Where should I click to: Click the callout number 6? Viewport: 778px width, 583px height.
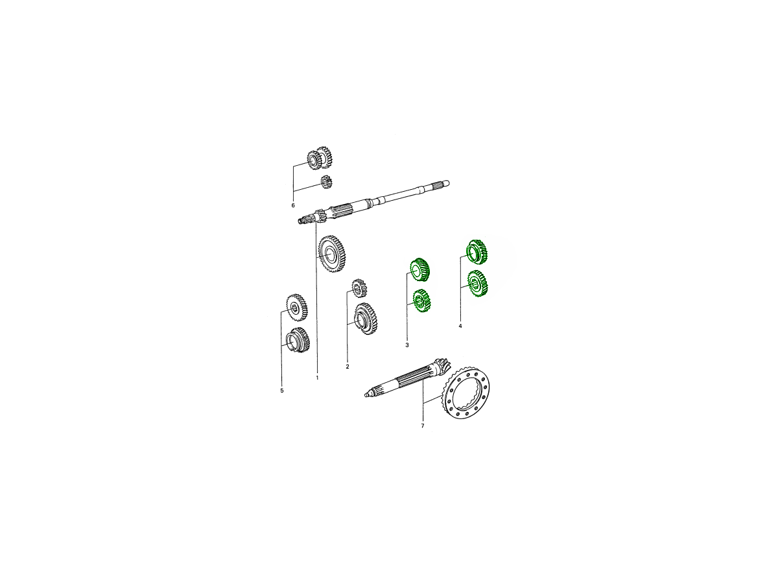pos(293,205)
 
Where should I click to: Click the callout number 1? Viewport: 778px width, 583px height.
pos(317,378)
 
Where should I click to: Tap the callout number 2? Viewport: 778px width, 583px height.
pos(348,367)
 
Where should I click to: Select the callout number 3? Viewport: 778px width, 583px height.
pos(407,345)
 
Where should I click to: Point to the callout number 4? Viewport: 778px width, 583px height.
pos(460,326)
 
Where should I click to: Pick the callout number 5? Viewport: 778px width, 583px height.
pos(282,391)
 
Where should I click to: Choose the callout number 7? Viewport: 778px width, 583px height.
pos(423,426)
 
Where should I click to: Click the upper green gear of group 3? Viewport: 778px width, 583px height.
pos(420,270)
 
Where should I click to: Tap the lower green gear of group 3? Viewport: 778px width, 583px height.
pos(422,301)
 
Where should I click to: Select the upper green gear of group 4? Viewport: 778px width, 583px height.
pos(477,251)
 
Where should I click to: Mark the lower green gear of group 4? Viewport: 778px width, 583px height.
pos(477,284)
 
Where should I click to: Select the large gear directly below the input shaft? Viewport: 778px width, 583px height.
pos(332,254)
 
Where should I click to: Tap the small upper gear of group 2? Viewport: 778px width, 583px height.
pos(359,288)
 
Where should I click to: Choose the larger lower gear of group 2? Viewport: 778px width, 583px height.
pos(366,319)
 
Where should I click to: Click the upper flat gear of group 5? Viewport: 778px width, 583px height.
pos(297,307)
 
